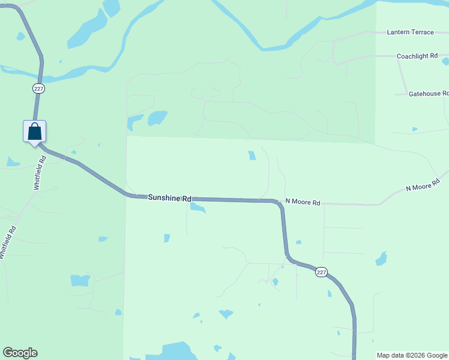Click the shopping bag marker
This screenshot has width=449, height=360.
35,131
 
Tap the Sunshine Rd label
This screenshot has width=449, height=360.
169,198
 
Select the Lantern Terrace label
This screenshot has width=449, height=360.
410,32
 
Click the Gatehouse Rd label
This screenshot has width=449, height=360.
428,94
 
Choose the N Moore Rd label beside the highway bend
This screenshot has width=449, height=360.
303,202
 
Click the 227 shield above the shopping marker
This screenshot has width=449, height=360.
39,88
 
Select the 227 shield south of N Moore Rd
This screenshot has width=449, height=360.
321,272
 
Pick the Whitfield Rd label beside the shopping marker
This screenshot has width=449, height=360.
40,173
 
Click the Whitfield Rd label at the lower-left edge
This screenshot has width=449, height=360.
8,242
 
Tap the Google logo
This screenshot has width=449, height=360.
20,353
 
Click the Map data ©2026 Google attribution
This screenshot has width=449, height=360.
412,355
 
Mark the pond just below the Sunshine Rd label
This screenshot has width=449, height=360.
197,208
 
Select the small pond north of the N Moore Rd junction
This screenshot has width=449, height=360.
252,155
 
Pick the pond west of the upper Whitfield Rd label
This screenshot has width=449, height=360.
12,161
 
